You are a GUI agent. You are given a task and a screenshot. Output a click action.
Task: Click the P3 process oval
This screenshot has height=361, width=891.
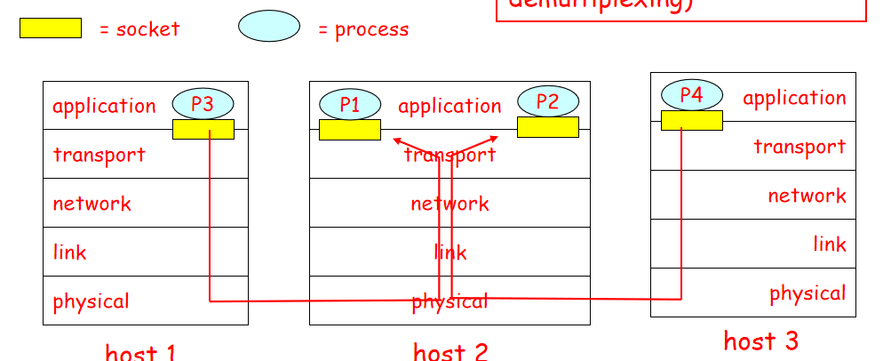click(203, 103)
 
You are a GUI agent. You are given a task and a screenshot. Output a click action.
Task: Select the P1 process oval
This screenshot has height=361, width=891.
click(350, 104)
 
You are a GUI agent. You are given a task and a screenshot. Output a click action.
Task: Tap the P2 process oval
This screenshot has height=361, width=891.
click(547, 100)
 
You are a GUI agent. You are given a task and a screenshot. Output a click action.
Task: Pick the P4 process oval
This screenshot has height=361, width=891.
click(691, 95)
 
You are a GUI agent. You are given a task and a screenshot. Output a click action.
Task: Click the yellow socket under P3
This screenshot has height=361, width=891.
click(203, 130)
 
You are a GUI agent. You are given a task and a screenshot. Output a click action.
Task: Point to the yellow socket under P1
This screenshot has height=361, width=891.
click(350, 130)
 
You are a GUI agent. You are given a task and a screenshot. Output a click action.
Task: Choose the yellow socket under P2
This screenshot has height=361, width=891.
click(547, 126)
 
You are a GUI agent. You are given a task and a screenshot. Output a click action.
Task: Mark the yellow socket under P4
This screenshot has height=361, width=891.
click(691, 120)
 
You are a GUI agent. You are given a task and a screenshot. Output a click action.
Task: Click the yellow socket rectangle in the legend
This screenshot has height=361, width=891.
click(50, 28)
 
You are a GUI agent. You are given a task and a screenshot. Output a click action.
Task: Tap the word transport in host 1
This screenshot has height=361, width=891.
click(99, 155)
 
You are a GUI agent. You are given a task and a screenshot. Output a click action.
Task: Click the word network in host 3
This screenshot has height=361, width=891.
click(807, 196)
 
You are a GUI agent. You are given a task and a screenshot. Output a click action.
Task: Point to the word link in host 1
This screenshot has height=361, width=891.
click(69, 253)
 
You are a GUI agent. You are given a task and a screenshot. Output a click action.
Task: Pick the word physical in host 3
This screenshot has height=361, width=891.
click(807, 293)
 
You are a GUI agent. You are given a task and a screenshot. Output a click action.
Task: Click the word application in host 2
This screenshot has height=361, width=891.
click(449, 107)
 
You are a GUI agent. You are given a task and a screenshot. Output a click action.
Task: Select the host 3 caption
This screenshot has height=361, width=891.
click(760, 341)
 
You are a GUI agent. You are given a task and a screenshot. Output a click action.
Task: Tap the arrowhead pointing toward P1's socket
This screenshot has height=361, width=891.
click(396, 140)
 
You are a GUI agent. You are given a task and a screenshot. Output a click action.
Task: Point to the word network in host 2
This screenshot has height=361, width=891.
click(449, 204)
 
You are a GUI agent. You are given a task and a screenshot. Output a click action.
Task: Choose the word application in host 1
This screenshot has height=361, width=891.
click(104, 107)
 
